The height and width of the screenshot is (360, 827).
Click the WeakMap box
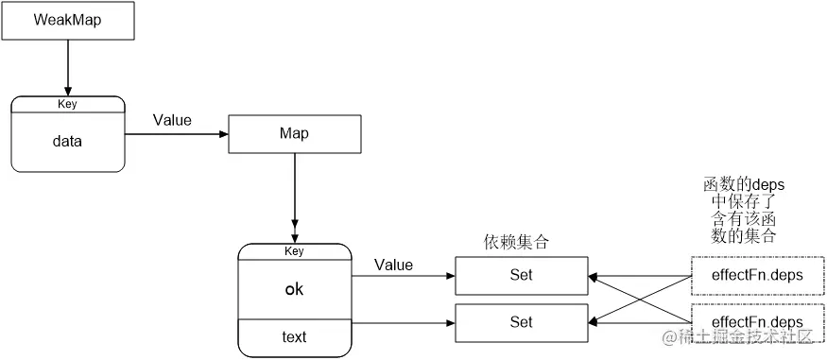pos(67,20)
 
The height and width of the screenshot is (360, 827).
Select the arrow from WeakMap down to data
pos(67,66)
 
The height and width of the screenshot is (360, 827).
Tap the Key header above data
pos(67,104)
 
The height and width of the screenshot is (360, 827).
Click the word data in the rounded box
pos(67,142)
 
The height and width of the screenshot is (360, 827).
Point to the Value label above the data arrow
pos(171,120)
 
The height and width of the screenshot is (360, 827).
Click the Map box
pos(294,133)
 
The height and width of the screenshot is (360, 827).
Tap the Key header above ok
pos(294,250)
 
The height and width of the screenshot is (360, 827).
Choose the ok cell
pos(294,289)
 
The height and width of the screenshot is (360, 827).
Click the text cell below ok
pos(294,336)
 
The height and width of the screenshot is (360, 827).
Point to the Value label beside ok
pos(393,265)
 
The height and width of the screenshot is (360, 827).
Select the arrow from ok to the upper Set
pos(403,276)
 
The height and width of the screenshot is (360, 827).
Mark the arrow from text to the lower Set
pos(403,322)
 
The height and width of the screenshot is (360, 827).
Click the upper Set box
pos(521,275)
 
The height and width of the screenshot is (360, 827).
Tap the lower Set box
pos(521,322)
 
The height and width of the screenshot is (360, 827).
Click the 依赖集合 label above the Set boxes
pos(516,242)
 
